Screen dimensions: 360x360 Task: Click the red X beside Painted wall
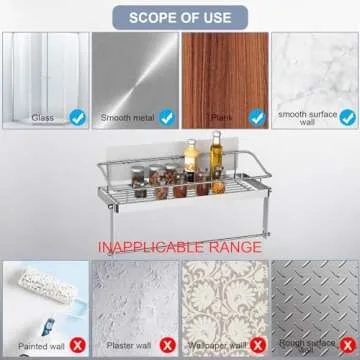coord(76,346)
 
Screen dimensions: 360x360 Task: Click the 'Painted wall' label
coord(39,347)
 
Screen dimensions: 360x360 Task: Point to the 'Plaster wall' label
coord(128,347)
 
